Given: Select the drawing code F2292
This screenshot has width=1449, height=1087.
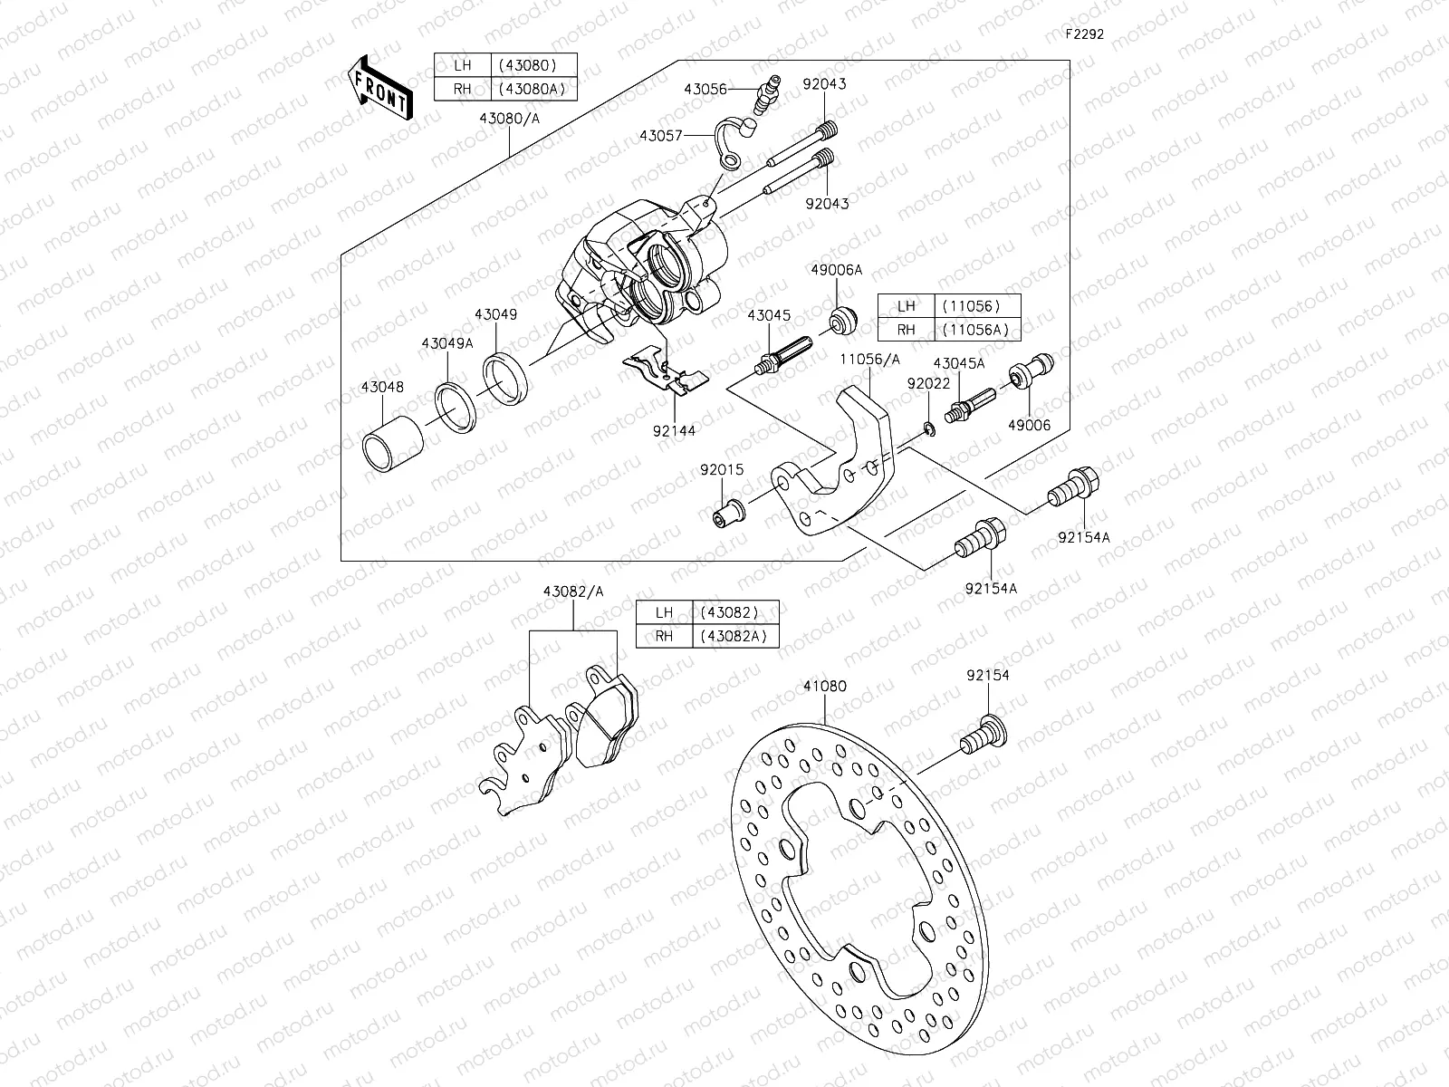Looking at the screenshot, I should click(x=1083, y=34).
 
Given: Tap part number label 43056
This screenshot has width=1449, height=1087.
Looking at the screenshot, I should click(x=705, y=90).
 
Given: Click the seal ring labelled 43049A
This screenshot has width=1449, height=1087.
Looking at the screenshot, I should click(x=457, y=405).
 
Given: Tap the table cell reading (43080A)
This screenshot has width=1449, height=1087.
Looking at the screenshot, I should click(x=534, y=89).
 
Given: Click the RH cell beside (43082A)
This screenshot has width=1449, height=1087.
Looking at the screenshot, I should click(x=664, y=636).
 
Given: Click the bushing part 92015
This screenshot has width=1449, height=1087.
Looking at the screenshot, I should click(x=729, y=515).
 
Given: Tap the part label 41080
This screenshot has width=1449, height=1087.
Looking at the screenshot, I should click(x=824, y=686).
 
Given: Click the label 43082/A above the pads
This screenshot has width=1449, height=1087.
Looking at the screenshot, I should click(x=573, y=591).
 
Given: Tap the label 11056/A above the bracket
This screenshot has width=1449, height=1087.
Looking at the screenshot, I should click(x=869, y=359).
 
